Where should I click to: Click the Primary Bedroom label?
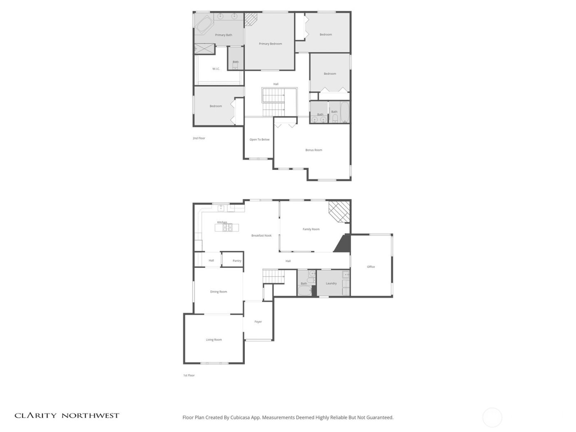(270, 44)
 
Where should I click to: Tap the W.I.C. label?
(216, 69)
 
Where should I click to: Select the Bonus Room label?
(314, 150)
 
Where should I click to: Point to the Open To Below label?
(260, 139)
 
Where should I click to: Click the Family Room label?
(311, 229)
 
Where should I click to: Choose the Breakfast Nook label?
(261, 236)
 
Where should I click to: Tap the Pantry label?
(237, 261)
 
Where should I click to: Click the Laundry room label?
(331, 283)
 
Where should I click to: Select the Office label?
(371, 267)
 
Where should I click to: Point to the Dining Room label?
(218, 292)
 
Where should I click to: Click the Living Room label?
(214, 340)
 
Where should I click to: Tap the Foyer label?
(258, 322)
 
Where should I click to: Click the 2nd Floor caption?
(199, 138)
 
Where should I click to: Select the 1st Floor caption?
(189, 375)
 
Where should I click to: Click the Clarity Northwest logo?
(67, 416)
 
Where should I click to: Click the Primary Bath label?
(223, 35)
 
